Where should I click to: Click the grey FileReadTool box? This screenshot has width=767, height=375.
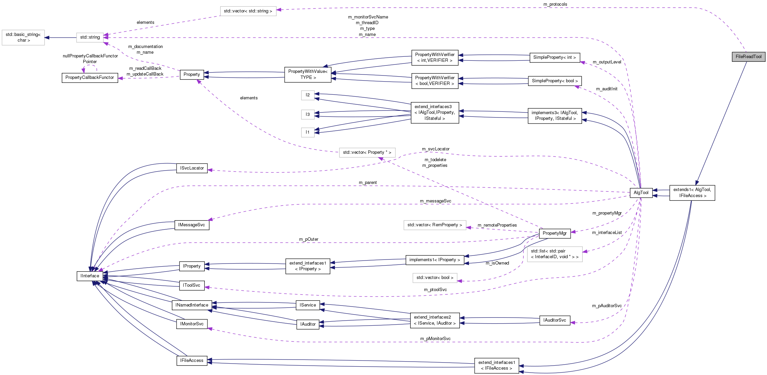749,57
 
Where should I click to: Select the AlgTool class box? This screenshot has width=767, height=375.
641,193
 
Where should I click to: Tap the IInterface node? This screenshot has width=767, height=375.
90,276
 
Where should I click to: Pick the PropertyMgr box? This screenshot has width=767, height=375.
555,233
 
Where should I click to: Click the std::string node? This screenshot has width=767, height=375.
90,37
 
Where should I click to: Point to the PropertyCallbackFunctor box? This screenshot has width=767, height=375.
90,78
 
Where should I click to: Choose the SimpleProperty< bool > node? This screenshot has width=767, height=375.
555,81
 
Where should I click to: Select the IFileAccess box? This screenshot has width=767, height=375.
192,361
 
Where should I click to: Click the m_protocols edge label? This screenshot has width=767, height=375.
555,4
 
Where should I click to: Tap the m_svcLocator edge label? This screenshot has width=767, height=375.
435,149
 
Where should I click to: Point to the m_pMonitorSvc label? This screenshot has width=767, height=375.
435,339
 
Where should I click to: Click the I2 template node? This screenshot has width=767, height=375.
307,95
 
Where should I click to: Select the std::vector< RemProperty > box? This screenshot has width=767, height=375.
434,225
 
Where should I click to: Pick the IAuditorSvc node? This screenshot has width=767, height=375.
555,320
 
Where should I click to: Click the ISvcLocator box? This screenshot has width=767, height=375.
192,168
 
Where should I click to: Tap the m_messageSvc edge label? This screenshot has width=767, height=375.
435,201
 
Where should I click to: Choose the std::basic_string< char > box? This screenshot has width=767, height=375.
23,37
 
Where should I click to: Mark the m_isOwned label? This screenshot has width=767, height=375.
497,263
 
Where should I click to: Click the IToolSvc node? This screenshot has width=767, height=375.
191,285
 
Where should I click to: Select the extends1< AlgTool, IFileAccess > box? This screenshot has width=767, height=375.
692,193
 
